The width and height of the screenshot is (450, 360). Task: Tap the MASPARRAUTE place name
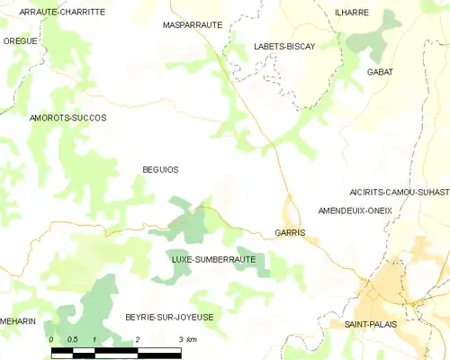[x=192, y=25]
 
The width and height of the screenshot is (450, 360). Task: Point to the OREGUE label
[x=20, y=40]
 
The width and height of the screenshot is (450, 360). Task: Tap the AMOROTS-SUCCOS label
[x=67, y=118]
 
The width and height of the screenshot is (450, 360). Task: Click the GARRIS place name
[x=290, y=232]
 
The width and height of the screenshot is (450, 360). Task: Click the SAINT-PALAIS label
[x=372, y=323]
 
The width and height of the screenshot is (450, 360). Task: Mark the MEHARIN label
[x=17, y=319]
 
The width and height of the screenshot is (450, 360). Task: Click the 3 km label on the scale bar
[x=187, y=339]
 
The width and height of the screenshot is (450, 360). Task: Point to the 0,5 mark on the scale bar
[x=73, y=339]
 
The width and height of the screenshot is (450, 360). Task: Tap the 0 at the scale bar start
[x=52, y=339]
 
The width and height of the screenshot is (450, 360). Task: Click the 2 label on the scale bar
[x=137, y=339]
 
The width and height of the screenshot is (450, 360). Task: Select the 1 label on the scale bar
[x=94, y=339]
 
